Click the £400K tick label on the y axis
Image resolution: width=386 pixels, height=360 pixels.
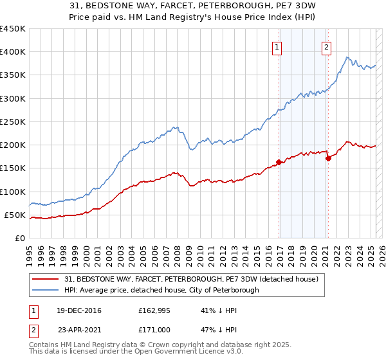coord(13,52)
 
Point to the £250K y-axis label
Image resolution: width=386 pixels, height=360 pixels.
coord(13,122)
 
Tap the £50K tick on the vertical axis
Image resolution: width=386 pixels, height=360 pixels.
coord(15,215)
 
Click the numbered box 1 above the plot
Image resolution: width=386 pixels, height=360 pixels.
coord(277,46)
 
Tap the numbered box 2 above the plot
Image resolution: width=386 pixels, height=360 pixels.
coord(326,46)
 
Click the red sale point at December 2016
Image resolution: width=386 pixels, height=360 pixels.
coord(279,162)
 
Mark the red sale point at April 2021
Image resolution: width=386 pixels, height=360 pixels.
coord(328,158)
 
